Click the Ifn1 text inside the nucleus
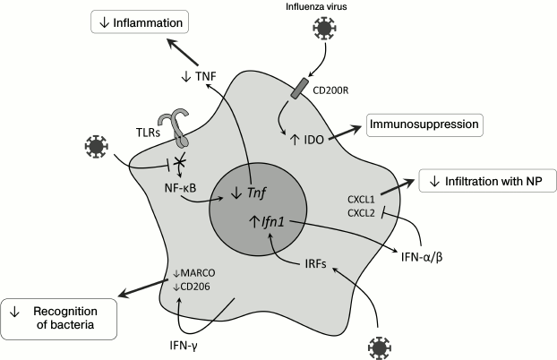(x=269, y=220)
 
